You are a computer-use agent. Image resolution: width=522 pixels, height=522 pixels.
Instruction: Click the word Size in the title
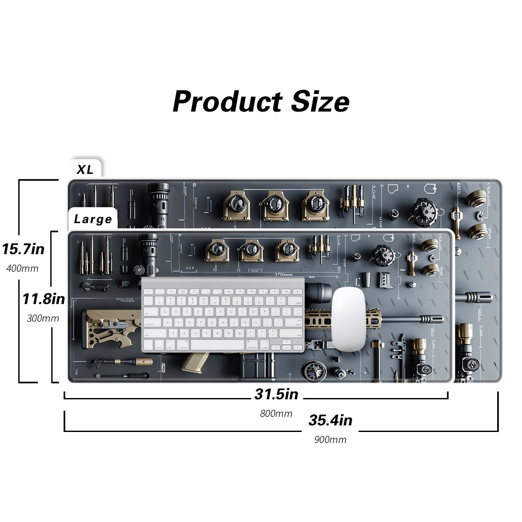coord(320,102)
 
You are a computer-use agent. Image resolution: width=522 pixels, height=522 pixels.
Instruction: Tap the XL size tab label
coord(85,169)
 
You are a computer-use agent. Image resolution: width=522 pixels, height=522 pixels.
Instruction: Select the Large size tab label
coord(93,219)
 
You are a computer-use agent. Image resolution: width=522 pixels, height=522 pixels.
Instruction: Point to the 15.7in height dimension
coord(23,249)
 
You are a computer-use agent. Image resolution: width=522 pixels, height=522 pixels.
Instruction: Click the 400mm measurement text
coord(23,268)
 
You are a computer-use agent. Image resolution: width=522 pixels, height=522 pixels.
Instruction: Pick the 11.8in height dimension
coord(43,299)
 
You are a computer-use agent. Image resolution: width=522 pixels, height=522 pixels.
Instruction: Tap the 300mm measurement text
coord(43,318)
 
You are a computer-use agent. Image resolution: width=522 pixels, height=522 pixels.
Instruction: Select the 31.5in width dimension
coord(276,394)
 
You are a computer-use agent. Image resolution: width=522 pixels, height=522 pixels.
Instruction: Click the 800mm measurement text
coord(276,414)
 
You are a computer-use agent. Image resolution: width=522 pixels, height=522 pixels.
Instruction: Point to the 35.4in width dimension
coord(330,420)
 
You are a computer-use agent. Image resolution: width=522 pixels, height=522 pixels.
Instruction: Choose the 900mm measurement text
coord(330,440)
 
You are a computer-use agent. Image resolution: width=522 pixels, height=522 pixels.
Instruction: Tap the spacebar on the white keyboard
coord(217,345)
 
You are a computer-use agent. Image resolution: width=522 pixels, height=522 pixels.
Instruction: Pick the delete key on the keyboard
coord(298,303)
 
